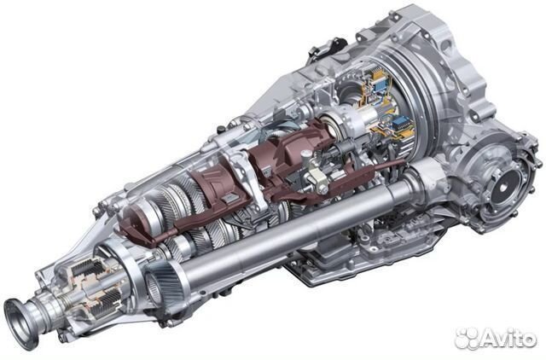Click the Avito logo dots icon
pos(467,339)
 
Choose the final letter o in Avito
pos(528,340)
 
